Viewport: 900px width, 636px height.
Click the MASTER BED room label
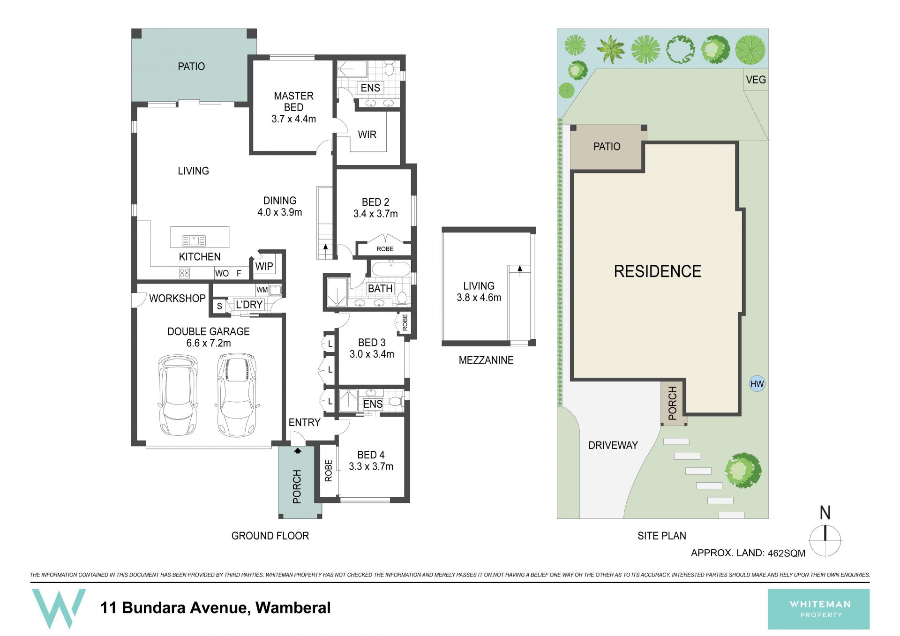click(x=293, y=102)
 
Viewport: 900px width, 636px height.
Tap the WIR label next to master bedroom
click(x=367, y=135)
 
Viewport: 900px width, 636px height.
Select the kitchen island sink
click(x=194, y=241)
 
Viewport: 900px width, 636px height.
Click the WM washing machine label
click(x=262, y=290)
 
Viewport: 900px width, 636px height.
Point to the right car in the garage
click(x=237, y=395)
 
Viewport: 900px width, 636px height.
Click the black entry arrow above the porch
click(x=297, y=451)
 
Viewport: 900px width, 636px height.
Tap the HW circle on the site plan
click(x=757, y=384)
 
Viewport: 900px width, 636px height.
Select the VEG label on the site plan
click(x=756, y=80)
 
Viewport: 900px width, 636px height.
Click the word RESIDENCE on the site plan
click(x=658, y=271)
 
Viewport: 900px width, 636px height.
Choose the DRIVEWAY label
click(x=613, y=445)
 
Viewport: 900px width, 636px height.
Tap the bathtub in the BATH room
click(x=391, y=269)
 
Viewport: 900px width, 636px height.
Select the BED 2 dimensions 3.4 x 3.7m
click(x=375, y=214)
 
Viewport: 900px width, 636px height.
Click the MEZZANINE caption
click(x=486, y=360)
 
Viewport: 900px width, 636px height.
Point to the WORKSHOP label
click(x=177, y=299)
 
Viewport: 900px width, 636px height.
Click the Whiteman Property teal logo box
click(x=818, y=609)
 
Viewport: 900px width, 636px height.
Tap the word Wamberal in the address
click(x=293, y=608)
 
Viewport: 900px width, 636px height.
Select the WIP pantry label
click(x=264, y=267)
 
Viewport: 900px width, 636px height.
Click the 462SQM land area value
click(x=786, y=554)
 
